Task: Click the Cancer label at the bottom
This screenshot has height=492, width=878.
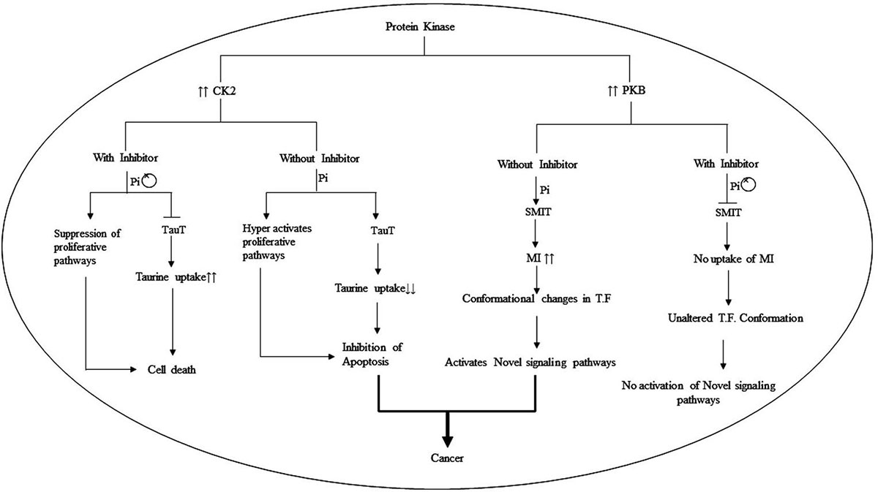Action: click(444, 458)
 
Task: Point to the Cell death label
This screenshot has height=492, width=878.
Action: click(170, 370)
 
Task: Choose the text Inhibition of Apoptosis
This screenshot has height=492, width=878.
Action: click(373, 353)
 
